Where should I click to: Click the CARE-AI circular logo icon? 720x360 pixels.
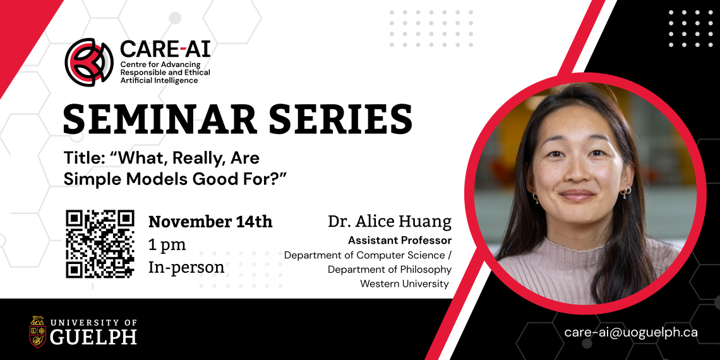coord(89,62)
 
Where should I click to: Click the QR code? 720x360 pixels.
coord(100,244)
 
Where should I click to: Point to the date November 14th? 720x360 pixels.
coord(210,222)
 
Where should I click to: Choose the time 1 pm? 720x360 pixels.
coord(167,244)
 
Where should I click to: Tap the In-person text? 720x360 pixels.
coord(186,267)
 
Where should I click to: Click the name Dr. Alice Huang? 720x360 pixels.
coord(390,222)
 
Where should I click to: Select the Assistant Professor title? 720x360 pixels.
coord(400,241)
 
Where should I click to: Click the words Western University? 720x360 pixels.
coord(405,284)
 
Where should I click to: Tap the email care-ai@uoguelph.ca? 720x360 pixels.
coord(631,332)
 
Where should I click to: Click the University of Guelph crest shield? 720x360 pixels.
coord(38,332)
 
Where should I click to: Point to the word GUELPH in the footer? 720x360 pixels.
coord(93,337)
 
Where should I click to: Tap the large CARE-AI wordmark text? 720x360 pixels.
coord(165,48)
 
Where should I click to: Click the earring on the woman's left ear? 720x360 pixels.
coord(627,191)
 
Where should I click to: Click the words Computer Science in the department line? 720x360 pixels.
coord(401,255)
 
